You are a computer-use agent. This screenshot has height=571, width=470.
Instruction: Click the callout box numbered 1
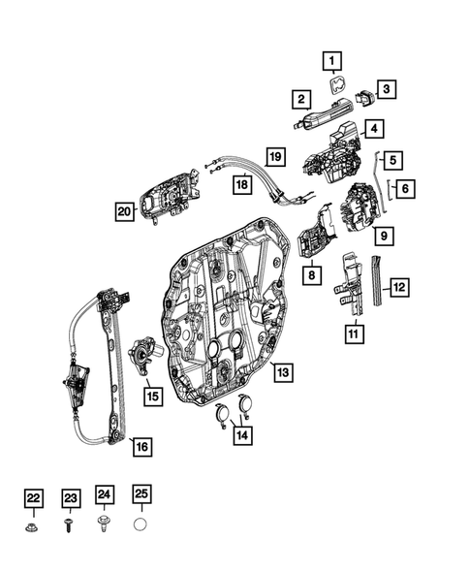pyautogui.click(x=334, y=62)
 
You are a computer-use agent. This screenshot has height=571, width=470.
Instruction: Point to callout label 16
pyautogui.click(x=142, y=447)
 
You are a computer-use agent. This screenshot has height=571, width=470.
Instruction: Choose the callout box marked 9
pyautogui.click(x=384, y=235)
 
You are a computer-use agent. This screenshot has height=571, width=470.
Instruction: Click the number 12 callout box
pyautogui.click(x=399, y=286)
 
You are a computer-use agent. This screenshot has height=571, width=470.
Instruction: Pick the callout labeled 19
pyautogui.click(x=276, y=156)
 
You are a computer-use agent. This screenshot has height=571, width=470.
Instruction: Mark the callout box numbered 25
pyautogui.click(x=141, y=497)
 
